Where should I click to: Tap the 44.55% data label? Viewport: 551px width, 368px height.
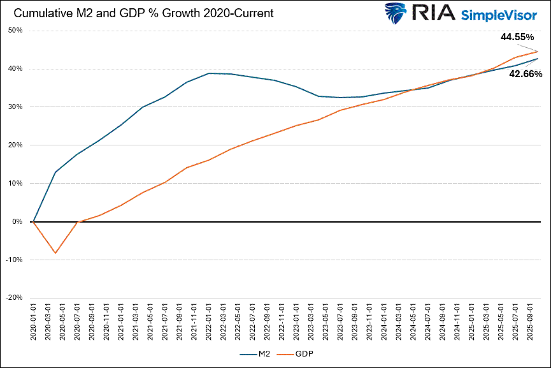coord(517,37)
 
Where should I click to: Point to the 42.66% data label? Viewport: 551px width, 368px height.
coord(526,74)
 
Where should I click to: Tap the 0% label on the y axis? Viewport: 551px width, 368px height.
coord(17,221)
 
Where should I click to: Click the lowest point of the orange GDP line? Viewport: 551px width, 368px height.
coord(55,253)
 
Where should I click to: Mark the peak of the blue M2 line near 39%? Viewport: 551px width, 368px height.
coord(210,73)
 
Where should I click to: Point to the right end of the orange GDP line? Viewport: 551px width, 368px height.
coord(538,52)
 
